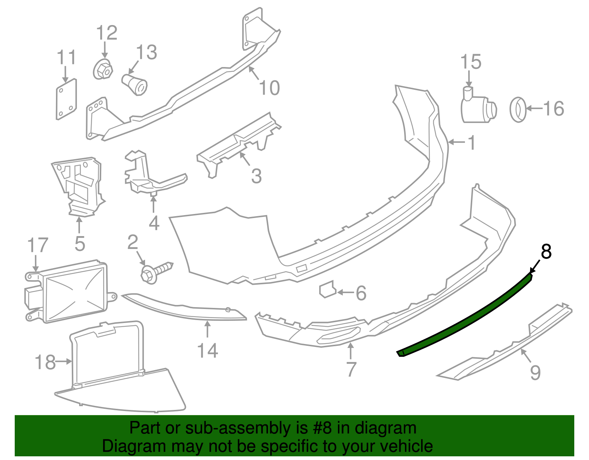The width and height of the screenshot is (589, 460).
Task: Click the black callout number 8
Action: (546, 252)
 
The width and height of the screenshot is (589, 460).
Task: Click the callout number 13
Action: (147, 52)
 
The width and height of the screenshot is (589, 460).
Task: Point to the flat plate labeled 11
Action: (66, 99)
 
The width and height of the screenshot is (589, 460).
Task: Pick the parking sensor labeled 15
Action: (478, 108)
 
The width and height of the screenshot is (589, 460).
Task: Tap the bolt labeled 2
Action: (156, 272)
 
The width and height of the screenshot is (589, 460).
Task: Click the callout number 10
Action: (269, 88)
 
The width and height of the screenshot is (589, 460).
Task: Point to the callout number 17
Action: (38, 246)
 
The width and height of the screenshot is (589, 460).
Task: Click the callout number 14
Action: (208, 351)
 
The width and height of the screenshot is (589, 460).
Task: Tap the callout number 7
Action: (351, 369)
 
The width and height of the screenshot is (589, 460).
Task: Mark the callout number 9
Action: (535, 372)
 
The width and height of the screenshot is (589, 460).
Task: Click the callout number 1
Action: (471, 143)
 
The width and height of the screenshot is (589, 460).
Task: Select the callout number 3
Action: (256, 176)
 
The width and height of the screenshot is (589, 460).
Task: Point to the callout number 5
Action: (80, 244)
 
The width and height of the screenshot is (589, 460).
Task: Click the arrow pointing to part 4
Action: (154, 204)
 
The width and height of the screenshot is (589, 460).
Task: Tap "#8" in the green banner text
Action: (323, 428)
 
